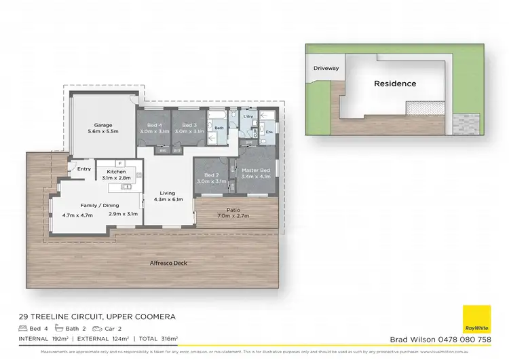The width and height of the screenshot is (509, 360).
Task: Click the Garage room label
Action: tap(102, 125)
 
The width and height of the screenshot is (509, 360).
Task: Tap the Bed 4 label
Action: tap(154, 125)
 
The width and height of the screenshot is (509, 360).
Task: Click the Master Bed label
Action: tap(255, 169)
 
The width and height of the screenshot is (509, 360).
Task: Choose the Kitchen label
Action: tap(116, 172)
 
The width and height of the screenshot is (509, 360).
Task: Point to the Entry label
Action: tap(84, 169)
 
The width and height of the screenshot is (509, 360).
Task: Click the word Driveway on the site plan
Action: tap(326, 69)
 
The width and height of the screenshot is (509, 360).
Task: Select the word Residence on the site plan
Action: tap(395, 84)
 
